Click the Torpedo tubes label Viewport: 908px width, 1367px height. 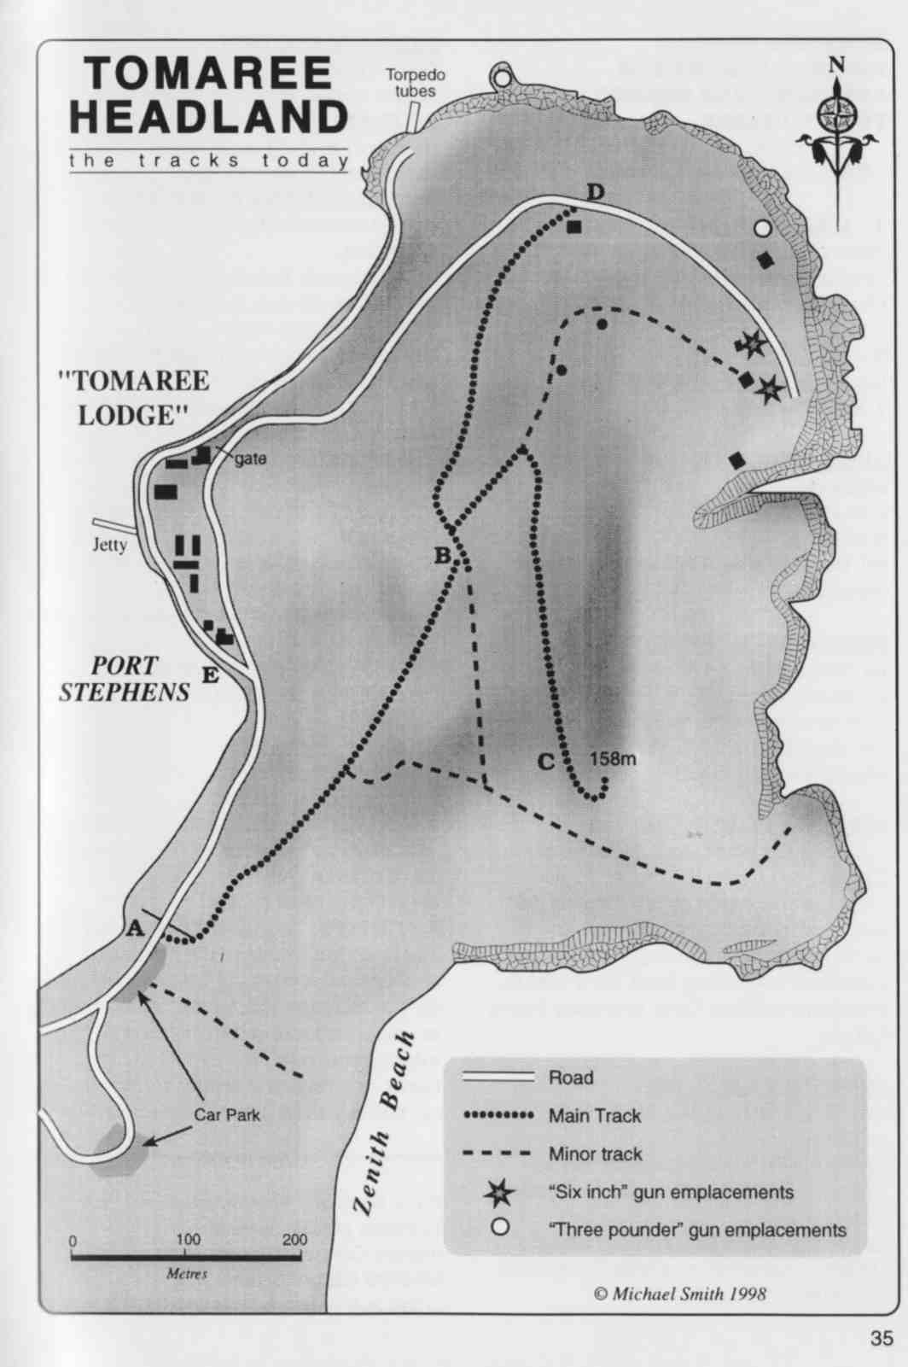[416, 83]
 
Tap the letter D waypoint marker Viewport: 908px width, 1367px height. [595, 193]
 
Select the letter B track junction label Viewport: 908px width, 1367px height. [442, 556]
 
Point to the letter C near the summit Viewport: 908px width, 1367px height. [546, 762]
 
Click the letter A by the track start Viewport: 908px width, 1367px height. [136, 929]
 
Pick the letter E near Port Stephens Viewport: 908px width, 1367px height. [211, 675]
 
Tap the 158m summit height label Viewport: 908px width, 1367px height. [613, 759]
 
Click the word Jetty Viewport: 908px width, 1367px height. [110, 545]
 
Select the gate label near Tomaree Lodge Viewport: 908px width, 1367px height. [251, 459]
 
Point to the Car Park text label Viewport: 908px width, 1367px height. [227, 1115]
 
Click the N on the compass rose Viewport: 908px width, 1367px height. [836, 65]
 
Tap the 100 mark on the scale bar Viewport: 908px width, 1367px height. [188, 1240]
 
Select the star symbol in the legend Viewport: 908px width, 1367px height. [499, 1193]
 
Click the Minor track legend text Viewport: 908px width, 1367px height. [596, 1154]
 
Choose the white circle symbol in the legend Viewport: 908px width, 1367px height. [500, 1227]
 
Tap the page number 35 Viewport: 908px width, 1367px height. [882, 1338]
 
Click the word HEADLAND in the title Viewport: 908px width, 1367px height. [209, 117]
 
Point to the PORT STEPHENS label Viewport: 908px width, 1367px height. [125, 679]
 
